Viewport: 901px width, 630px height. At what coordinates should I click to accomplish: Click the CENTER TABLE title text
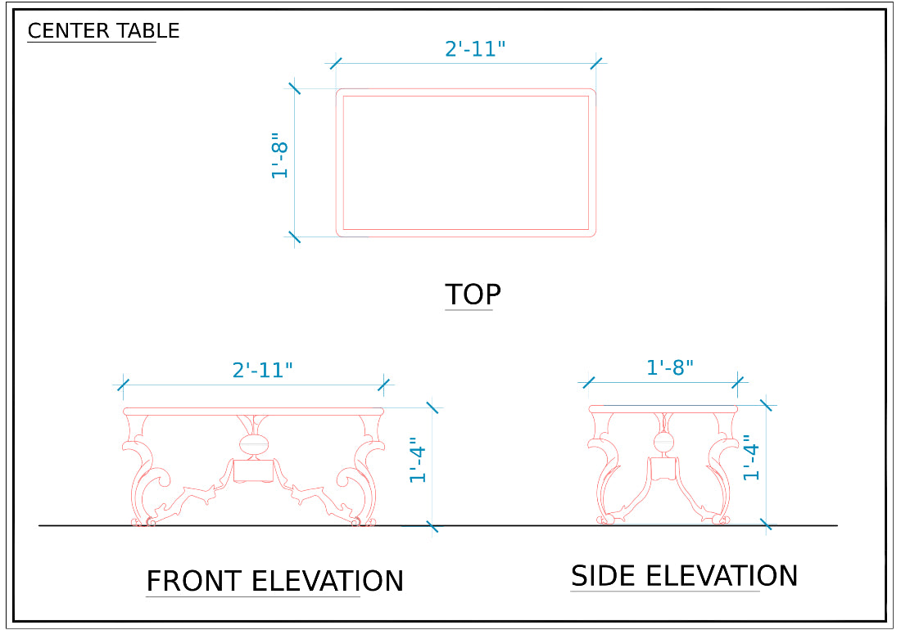(x=103, y=30)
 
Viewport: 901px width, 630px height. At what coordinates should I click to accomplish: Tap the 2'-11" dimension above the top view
(x=475, y=49)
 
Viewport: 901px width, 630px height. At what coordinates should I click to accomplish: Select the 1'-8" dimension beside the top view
(x=279, y=156)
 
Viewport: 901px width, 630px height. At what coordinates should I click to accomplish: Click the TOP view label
(x=473, y=295)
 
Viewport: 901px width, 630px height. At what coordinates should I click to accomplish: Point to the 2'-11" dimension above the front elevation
(x=263, y=370)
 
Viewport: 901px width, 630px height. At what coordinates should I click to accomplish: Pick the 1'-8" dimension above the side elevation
(x=670, y=368)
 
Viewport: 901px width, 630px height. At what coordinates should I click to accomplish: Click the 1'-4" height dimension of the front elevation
(x=417, y=460)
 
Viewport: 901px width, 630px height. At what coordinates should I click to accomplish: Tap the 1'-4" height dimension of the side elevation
(x=750, y=457)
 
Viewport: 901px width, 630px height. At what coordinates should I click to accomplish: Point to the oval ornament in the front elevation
(x=253, y=445)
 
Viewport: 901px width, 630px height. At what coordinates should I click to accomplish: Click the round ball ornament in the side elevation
(x=663, y=442)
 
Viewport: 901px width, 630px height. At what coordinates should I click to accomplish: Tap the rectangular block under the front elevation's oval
(x=253, y=470)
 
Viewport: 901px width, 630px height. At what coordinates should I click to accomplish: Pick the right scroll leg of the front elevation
(x=361, y=470)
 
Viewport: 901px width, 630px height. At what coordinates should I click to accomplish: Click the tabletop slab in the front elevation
(x=253, y=411)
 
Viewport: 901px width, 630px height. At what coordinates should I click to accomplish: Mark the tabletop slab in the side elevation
(x=663, y=408)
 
